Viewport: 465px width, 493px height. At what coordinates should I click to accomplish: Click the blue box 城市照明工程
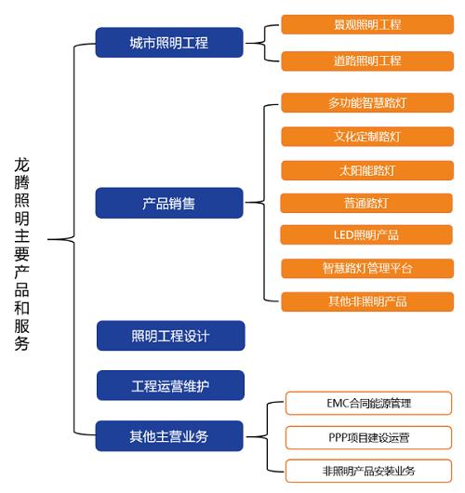pyautogui.click(x=169, y=43)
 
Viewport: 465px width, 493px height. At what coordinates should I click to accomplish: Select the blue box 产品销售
pyautogui.click(x=169, y=202)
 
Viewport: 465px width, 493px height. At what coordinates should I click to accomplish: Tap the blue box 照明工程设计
pyautogui.click(x=170, y=336)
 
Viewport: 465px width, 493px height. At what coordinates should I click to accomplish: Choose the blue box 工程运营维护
pyautogui.click(x=170, y=385)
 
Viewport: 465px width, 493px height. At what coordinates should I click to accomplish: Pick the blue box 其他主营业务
pyautogui.click(x=169, y=434)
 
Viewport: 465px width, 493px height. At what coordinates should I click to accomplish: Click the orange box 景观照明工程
pyautogui.click(x=366, y=25)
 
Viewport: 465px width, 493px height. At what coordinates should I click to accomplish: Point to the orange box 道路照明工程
pyautogui.click(x=366, y=60)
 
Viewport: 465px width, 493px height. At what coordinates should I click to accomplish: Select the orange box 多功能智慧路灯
pyautogui.click(x=366, y=102)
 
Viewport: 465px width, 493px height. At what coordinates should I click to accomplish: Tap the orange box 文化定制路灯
pyautogui.click(x=366, y=137)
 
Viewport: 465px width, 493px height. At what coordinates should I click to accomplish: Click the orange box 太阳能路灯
pyautogui.click(x=366, y=170)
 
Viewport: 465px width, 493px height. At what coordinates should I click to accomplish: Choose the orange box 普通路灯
pyautogui.click(x=366, y=202)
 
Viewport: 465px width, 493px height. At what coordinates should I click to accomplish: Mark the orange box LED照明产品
pyautogui.click(x=366, y=234)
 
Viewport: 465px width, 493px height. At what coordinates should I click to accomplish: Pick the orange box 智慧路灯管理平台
pyautogui.click(x=366, y=268)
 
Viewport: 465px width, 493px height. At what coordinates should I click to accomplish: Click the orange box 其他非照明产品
pyautogui.click(x=366, y=301)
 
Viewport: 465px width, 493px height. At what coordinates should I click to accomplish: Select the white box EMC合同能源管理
pyautogui.click(x=368, y=403)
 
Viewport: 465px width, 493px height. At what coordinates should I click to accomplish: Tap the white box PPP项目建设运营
pyautogui.click(x=368, y=436)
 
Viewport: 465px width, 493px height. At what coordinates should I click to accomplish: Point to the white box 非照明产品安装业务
pyautogui.click(x=368, y=470)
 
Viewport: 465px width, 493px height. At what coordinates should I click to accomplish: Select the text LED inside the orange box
pyautogui.click(x=344, y=234)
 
